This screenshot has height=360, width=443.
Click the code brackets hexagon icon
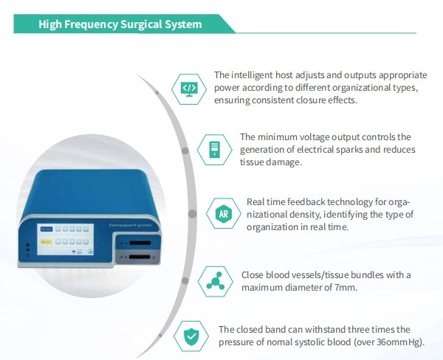(x=190, y=89)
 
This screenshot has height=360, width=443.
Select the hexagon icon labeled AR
(x=222, y=213)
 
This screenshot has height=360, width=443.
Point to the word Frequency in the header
(x=90, y=24)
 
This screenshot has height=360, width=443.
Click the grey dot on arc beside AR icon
(x=192, y=214)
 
